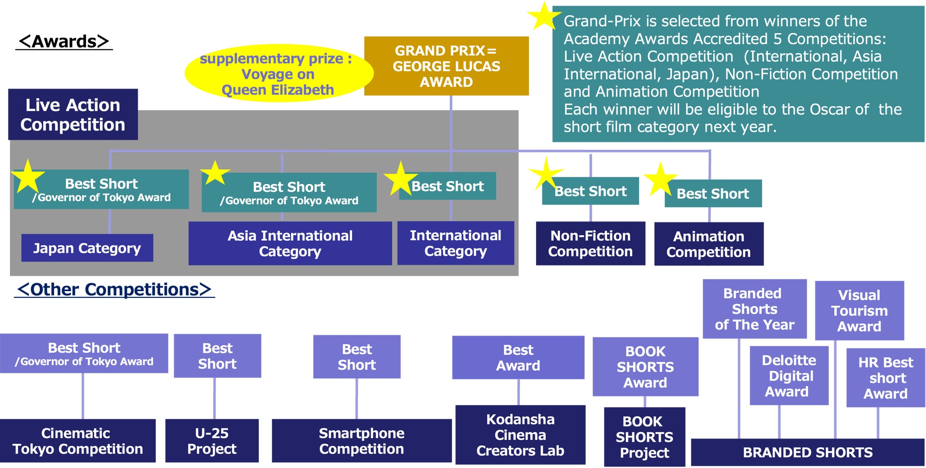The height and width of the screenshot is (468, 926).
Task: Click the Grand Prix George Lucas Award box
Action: click(x=446, y=66)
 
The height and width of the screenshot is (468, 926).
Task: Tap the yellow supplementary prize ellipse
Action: click(x=278, y=73)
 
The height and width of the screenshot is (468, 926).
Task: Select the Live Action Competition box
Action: click(x=73, y=114)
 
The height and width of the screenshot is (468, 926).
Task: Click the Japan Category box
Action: click(x=87, y=248)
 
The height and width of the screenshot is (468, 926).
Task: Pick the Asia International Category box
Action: click(x=290, y=243)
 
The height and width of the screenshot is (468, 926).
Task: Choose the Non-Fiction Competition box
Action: click(x=590, y=243)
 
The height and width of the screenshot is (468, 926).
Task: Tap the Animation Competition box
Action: click(x=709, y=244)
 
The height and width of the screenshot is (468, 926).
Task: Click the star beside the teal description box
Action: click(x=543, y=17)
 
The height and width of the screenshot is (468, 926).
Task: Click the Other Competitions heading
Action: click(x=114, y=289)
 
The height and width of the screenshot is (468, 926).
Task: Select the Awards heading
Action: click(x=64, y=41)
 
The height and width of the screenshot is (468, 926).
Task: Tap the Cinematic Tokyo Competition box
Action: click(x=77, y=440)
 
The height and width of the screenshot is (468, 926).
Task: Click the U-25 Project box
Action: click(x=212, y=440)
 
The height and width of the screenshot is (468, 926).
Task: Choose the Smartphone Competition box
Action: click(x=361, y=440)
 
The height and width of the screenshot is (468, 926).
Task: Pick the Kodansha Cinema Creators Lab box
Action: click(x=520, y=435)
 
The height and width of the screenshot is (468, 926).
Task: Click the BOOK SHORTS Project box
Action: click(x=644, y=437)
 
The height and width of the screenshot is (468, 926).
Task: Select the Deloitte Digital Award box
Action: click(x=788, y=376)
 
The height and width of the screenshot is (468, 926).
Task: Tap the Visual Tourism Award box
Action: click(x=859, y=311)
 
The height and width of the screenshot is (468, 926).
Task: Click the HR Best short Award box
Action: click(x=885, y=378)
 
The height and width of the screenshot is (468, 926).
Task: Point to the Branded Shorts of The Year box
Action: click(x=754, y=309)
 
